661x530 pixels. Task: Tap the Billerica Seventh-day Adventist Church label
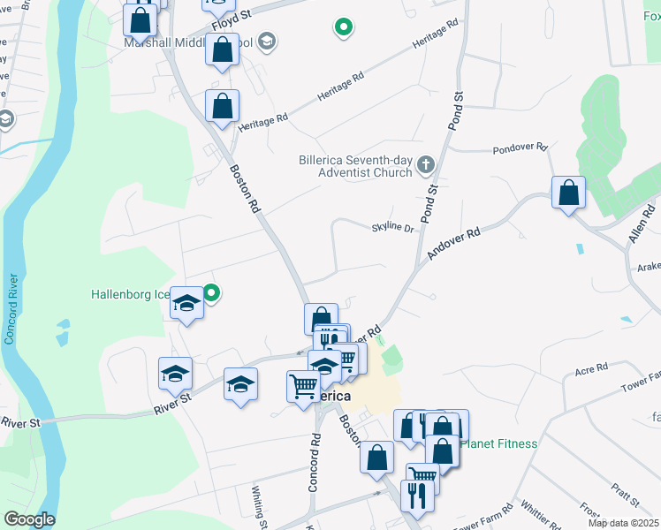coord(356,166)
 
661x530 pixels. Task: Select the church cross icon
coord(426,164)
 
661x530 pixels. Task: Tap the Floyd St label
coord(232,15)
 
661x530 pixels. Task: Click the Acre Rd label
coord(591,367)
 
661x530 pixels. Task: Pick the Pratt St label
coord(625,496)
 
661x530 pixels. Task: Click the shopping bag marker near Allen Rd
coord(568,193)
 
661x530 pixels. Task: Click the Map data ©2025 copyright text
coord(623,523)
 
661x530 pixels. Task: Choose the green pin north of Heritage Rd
coord(343,27)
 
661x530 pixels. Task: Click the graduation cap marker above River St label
coord(175,374)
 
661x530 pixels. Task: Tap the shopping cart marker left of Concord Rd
coord(303,386)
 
